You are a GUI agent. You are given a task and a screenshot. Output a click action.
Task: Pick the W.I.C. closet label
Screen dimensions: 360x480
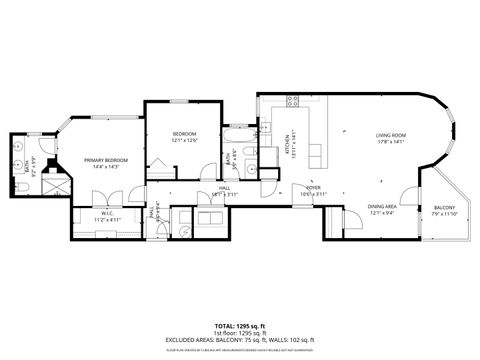click(100, 216)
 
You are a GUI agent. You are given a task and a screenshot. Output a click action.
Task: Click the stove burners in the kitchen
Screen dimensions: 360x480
click(293, 100)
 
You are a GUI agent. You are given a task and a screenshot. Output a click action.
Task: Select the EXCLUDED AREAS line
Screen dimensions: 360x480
click(239, 340)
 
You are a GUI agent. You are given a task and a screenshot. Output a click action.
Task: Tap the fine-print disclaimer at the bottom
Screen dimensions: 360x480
click(239, 349)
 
